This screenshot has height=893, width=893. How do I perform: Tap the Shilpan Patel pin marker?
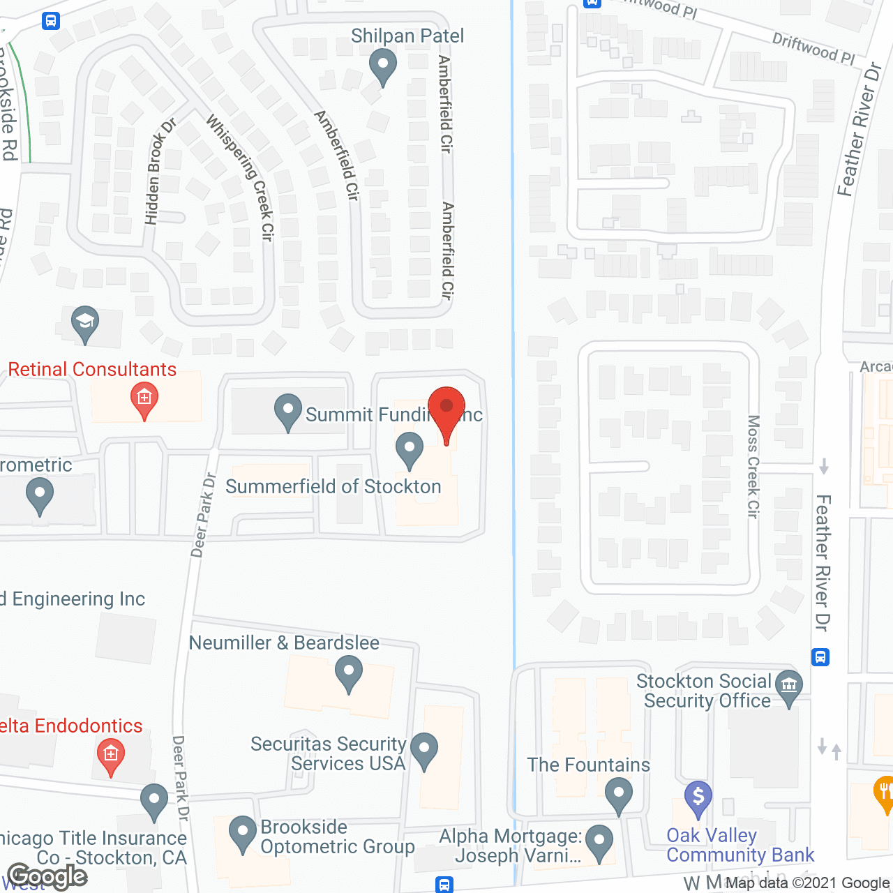[382, 68]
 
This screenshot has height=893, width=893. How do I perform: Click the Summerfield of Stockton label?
[333, 486]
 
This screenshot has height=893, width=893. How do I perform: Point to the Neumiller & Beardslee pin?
[348, 675]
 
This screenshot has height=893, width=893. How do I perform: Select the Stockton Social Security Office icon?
[789, 686]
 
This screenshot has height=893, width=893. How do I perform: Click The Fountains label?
[588, 765]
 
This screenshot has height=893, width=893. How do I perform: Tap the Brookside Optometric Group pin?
[243, 833]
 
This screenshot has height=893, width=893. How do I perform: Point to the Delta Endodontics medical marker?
[110, 757]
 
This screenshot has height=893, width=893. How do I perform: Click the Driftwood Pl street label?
[813, 48]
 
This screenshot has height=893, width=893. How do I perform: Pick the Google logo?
[47, 876]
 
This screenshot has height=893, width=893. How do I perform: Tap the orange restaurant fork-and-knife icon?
[883, 793]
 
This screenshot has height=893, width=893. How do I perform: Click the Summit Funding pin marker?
[287, 412]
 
